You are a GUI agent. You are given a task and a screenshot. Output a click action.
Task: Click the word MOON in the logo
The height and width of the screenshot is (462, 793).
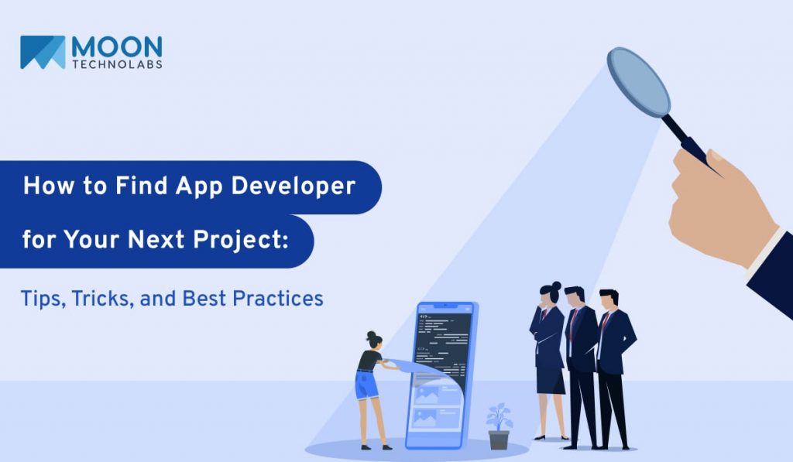click(x=117, y=48)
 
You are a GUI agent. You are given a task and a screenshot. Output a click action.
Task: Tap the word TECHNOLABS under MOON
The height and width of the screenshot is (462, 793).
click(x=117, y=65)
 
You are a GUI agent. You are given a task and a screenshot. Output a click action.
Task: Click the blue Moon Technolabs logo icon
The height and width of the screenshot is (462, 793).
click(x=43, y=53)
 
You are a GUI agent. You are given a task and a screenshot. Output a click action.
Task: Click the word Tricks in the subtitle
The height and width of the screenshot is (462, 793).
click(x=100, y=298)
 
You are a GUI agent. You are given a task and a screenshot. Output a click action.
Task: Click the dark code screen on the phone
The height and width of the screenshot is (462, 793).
click(x=440, y=341)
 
